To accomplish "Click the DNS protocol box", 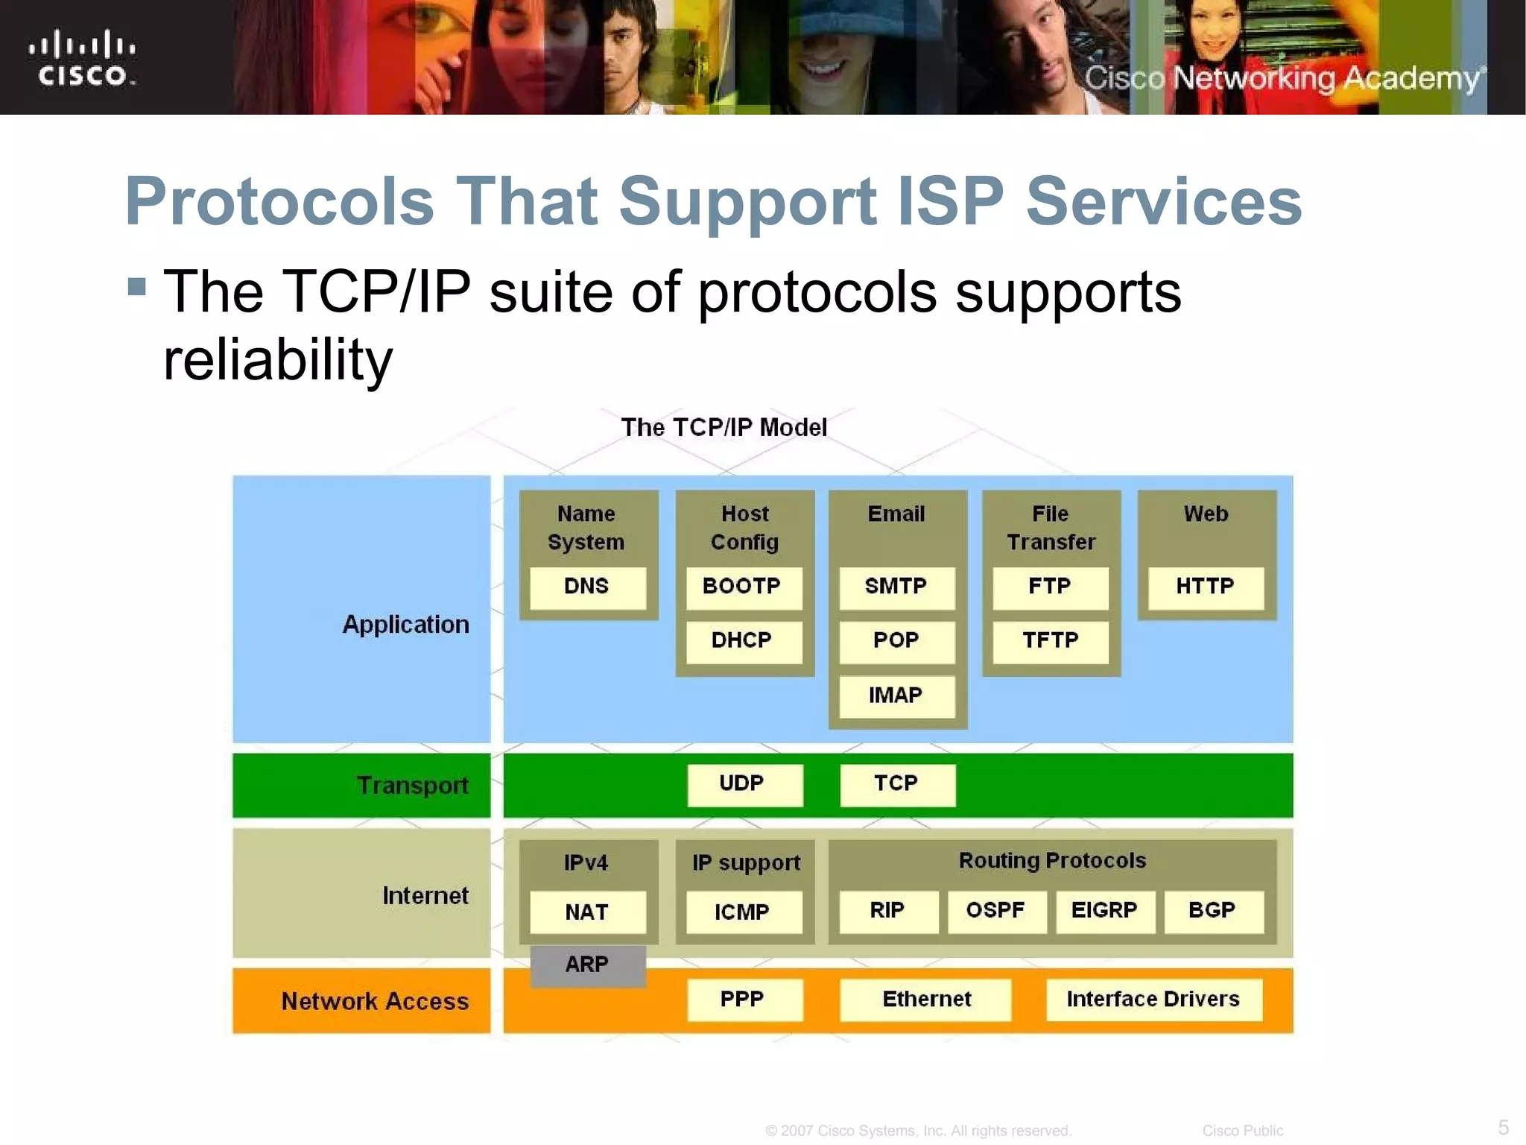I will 587,587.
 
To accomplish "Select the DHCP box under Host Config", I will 743,641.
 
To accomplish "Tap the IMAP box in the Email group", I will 896,696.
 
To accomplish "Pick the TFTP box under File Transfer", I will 1050,641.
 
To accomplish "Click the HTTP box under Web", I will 1205,587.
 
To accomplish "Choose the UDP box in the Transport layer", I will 744,784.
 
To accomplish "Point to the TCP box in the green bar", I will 897,784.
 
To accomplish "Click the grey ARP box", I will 587,965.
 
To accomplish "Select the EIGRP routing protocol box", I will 1104,911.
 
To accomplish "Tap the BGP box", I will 1213,911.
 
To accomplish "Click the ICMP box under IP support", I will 743,912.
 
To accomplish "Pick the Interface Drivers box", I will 1153,1000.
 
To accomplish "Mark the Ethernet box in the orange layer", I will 925,1000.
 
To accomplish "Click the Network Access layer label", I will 375,1001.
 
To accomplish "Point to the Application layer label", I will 406,625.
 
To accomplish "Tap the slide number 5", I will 1503,1126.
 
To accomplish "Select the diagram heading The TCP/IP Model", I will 724,428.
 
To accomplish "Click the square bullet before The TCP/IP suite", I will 136,287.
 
